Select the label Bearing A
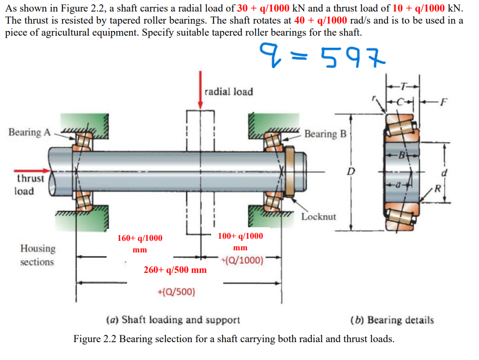coord(29,132)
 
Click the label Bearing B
coord(325,134)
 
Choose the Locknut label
coord(319,216)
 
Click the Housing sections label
coord(37,255)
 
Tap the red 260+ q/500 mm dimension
coord(175,270)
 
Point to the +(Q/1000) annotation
coord(242,260)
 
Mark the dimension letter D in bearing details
coord(351,172)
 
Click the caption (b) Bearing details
coord(392,320)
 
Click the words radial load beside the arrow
coord(228,91)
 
